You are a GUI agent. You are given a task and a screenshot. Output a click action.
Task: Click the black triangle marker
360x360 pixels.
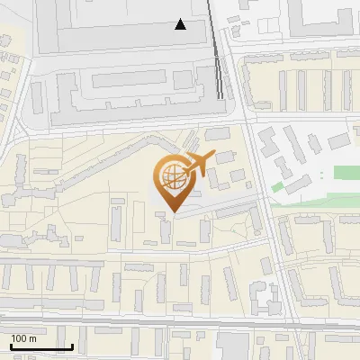click(181, 24)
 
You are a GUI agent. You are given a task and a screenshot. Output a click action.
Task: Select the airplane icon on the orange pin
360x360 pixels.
click(197, 165)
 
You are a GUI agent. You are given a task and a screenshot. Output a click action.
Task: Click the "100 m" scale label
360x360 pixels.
click(23, 338)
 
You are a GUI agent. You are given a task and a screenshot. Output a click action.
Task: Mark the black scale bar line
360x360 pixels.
click(40, 346)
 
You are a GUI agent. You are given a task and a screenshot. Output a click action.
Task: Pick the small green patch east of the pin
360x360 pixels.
click(278, 186)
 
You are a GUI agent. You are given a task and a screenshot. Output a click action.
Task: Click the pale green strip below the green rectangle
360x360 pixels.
click(315, 204)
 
